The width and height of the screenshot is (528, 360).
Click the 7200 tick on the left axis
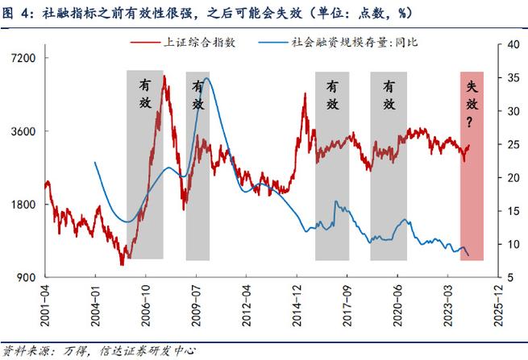[27, 58]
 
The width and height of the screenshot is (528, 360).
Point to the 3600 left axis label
[27, 131]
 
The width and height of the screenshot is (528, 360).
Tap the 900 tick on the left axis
[30, 278]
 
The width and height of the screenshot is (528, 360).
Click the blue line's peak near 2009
[207, 78]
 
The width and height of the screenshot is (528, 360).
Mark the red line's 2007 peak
[164, 77]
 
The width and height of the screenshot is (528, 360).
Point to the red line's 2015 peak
[305, 94]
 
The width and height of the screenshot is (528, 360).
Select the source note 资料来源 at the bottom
[24, 350]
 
